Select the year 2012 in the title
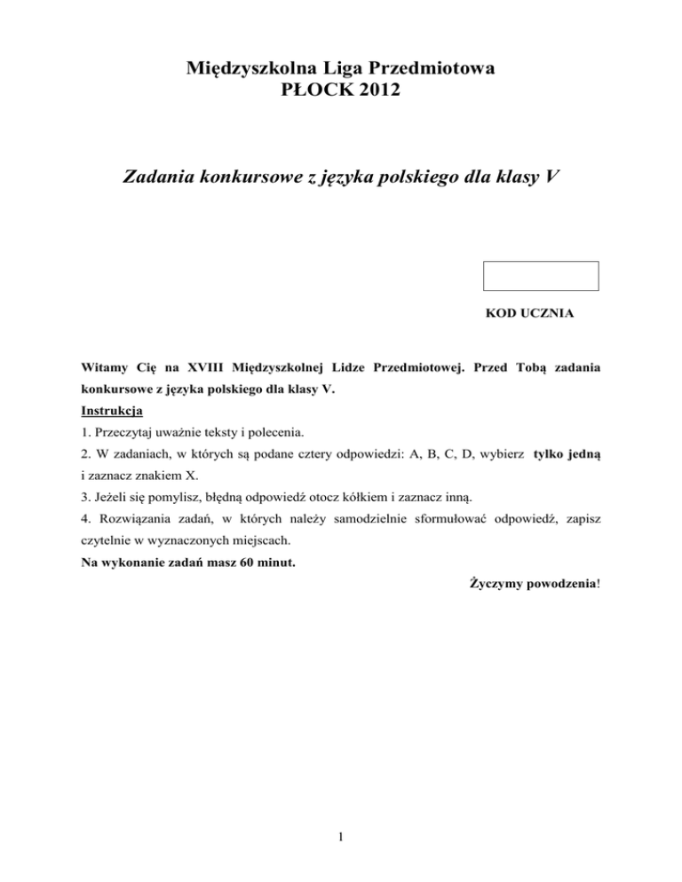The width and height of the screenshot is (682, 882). pyautogui.click(x=367, y=91)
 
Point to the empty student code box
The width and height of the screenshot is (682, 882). pyautogui.click(x=540, y=276)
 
